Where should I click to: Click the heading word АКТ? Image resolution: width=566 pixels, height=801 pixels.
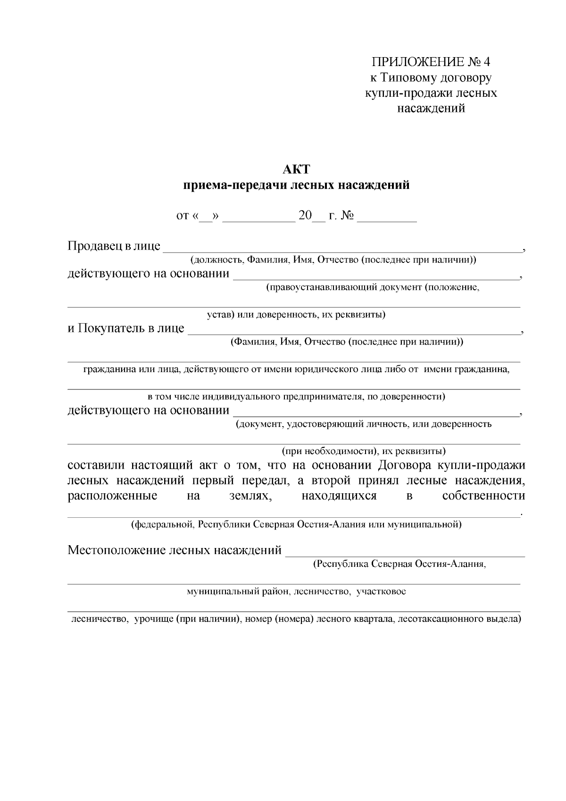click(296, 169)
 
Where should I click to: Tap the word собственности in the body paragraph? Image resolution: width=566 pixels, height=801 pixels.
click(483, 496)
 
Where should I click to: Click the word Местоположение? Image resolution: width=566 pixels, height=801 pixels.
click(116, 550)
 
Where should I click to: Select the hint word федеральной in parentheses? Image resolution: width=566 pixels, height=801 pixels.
click(163, 524)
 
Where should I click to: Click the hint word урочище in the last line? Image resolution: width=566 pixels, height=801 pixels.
click(154, 619)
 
